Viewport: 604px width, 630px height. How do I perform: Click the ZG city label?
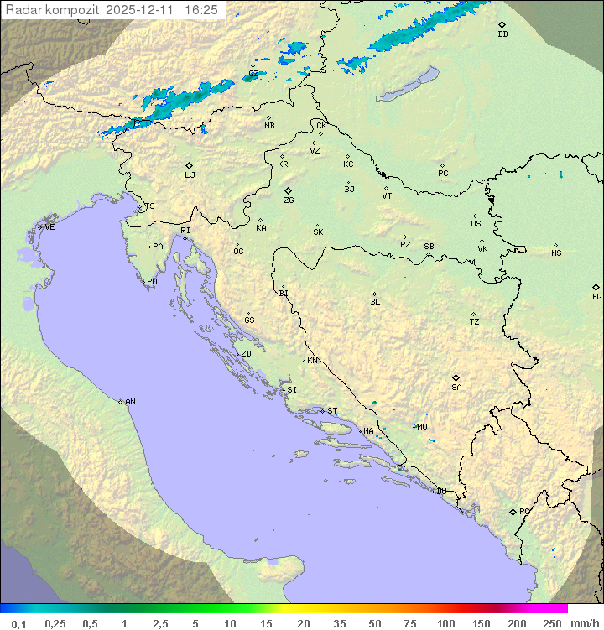tap(289, 200)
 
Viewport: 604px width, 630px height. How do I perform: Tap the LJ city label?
tap(190, 175)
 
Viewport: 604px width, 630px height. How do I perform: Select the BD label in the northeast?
tap(502, 34)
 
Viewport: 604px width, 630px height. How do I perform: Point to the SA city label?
tap(456, 388)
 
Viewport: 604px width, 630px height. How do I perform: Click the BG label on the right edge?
tap(596, 296)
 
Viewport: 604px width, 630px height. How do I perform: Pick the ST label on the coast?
tap(332, 411)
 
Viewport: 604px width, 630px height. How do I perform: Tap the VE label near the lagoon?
tap(49, 227)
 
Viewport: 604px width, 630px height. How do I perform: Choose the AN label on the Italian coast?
tap(130, 402)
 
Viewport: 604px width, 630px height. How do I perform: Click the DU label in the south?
tap(440, 492)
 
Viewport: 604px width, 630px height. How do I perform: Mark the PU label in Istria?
tap(152, 282)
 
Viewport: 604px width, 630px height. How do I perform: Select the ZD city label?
tap(246, 354)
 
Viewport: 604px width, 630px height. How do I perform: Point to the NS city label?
tap(556, 253)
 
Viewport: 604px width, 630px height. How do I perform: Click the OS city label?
tap(476, 224)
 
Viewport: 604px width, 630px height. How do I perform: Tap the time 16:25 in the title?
tap(201, 10)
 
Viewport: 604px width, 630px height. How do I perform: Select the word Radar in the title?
tap(22, 10)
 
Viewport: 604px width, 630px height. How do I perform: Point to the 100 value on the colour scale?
tap(445, 623)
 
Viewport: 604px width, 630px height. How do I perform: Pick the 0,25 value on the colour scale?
tap(55, 623)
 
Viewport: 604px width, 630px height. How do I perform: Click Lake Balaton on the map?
tap(406, 86)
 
